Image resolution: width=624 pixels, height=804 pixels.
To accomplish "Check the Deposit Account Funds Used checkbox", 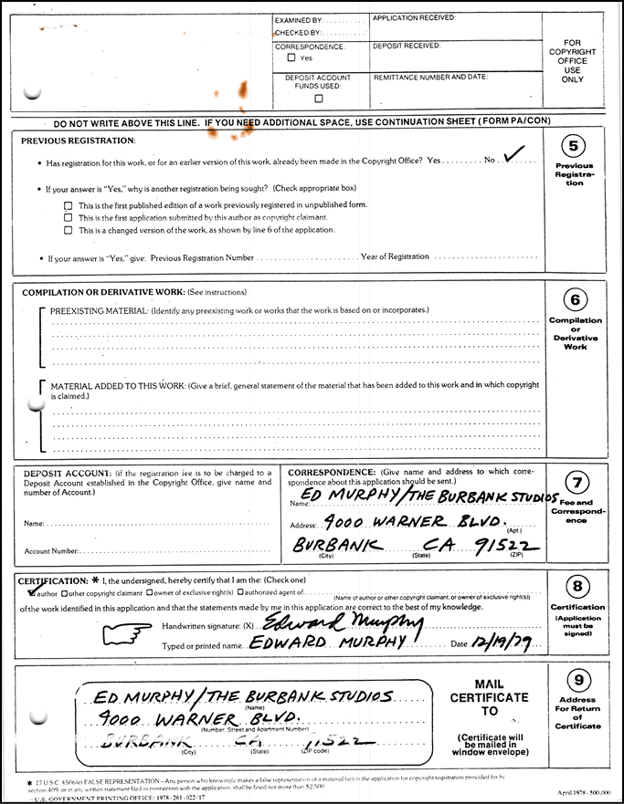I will (318, 99).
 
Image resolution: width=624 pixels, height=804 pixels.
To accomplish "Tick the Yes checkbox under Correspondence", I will (291, 57).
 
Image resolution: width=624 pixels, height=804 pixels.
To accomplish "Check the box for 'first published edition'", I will (69, 205).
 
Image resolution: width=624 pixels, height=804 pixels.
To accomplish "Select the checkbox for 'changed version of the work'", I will (69, 230).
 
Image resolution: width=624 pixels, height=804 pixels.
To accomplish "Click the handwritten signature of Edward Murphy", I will (343, 623).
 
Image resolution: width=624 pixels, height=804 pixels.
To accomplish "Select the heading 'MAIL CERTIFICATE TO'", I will (489, 697).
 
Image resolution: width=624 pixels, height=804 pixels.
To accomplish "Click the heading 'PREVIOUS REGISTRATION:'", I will (78, 141).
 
